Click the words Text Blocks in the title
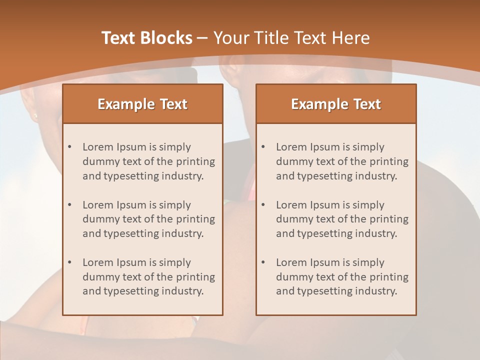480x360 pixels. point(147,38)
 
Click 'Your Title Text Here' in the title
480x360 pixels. point(291,38)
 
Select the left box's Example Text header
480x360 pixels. point(142,104)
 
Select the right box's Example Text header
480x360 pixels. point(336,104)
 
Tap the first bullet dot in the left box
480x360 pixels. point(69,147)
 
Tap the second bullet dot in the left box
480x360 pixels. point(69,205)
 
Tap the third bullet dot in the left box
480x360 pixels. point(69,262)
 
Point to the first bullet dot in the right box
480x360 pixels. point(263,147)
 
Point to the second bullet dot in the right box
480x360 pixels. point(263,205)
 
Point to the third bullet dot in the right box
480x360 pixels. point(263,262)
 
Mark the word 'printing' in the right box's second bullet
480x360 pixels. point(389,219)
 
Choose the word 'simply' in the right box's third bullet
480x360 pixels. point(368,262)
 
